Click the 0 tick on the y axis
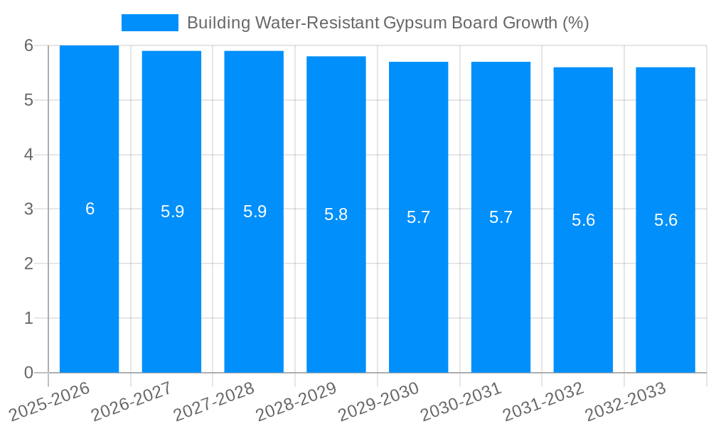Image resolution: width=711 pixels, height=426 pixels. click(x=28, y=373)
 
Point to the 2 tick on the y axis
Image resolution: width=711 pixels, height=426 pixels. click(x=28, y=263)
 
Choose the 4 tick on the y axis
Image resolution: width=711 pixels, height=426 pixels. click(x=28, y=155)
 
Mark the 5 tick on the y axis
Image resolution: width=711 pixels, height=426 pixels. click(x=28, y=100)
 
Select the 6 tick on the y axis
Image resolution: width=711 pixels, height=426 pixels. click(x=28, y=45)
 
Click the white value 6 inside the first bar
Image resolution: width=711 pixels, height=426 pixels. click(x=90, y=209)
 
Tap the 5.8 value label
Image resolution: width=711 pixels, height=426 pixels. click(x=336, y=214)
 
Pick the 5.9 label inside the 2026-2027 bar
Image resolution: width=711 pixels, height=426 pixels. click(x=172, y=212)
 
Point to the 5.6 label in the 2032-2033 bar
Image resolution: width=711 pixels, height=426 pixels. click(x=665, y=220)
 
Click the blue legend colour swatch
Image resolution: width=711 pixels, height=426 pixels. click(x=149, y=23)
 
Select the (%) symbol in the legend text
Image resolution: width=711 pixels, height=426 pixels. click(x=575, y=23)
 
